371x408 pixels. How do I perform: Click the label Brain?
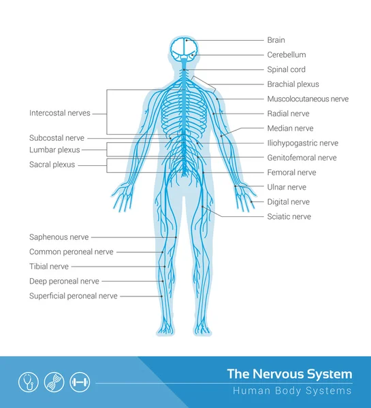pyautogui.click(x=276, y=40)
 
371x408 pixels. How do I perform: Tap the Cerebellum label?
pyautogui.click(x=287, y=54)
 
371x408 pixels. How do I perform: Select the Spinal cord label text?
pyautogui.click(x=286, y=69)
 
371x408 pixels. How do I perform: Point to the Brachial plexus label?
pyautogui.click(x=293, y=84)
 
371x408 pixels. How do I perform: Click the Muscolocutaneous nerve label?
pyautogui.click(x=308, y=99)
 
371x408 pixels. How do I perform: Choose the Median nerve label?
pyautogui.click(x=290, y=129)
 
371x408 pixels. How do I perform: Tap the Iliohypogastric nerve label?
pyautogui.click(x=302, y=143)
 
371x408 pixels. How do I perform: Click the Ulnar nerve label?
pyautogui.click(x=287, y=187)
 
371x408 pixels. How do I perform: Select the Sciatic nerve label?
pyautogui.click(x=289, y=216)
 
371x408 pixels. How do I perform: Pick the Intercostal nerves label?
pyautogui.click(x=60, y=113)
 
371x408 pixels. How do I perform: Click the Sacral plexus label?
pyautogui.click(x=52, y=165)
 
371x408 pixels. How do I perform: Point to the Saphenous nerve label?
pyautogui.click(x=59, y=237)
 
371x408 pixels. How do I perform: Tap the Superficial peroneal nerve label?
pyautogui.click(x=74, y=296)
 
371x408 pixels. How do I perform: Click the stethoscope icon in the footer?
pyautogui.click(x=29, y=382)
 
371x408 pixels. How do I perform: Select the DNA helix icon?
pyautogui.click(x=54, y=382)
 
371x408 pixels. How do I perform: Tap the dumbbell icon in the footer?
pyautogui.click(x=80, y=382)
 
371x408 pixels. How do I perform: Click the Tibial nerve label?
pyautogui.click(x=49, y=267)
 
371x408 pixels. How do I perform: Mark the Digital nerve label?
pyautogui.click(x=289, y=202)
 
